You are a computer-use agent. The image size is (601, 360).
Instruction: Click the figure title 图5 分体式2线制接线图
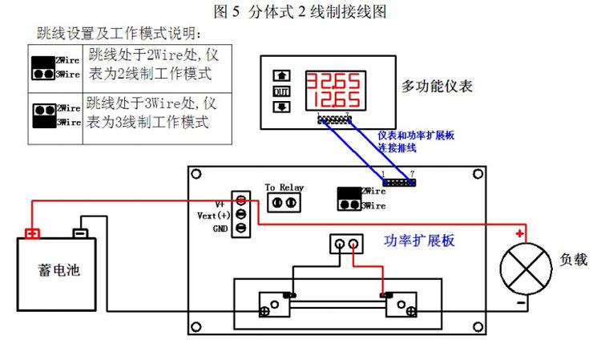pos(300,11)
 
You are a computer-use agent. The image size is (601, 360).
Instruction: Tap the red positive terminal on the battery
pos(32,234)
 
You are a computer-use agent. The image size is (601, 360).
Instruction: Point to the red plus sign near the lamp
pos(521,234)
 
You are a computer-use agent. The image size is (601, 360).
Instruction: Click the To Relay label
pos(284,188)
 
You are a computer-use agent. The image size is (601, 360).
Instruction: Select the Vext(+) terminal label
pos(213,215)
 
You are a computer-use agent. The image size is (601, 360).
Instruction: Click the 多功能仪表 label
pos(438,85)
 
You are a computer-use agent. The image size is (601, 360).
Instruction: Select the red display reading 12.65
pos(331,101)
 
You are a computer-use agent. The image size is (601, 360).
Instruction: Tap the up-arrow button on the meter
pos(281,76)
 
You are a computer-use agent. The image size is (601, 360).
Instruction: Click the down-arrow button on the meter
pos(281,106)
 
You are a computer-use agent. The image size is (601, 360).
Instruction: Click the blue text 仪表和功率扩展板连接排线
pos(416,142)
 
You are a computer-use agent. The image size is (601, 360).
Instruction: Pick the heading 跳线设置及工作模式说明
pos(119,34)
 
